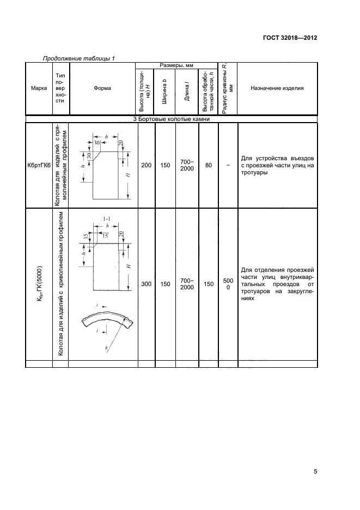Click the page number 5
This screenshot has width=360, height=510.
coord(315,472)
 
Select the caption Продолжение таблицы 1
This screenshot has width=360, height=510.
coord(78,58)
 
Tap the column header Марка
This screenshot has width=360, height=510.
coord(39,89)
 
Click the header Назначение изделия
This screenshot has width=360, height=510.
coord(277,89)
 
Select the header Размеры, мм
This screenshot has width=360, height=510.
coord(176,65)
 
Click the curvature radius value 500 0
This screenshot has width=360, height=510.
coord(228,284)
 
